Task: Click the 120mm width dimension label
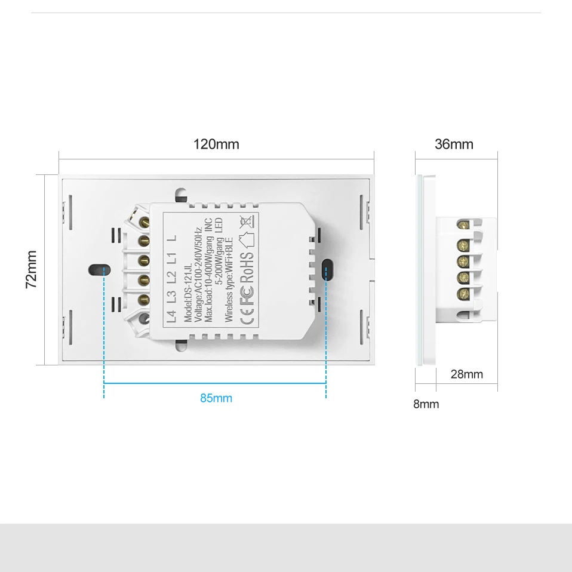[x=216, y=144]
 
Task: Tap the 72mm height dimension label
[x=32, y=269]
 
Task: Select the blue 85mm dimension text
[x=216, y=398]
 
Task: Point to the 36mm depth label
[x=454, y=144]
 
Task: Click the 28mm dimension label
[x=466, y=374]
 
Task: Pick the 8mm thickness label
[x=426, y=404]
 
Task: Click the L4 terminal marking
[x=172, y=315]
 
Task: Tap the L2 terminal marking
[x=172, y=277]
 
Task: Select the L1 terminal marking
[x=172, y=258]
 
